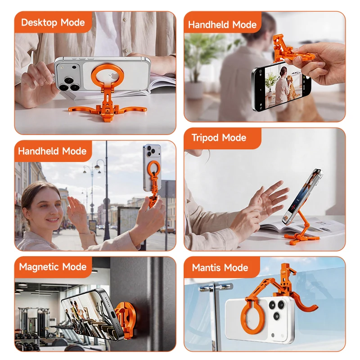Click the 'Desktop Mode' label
(x=53, y=22)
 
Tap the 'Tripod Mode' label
(x=219, y=138)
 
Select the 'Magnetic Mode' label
(x=53, y=267)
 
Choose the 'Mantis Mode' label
(x=220, y=268)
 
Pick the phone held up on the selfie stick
(x=152, y=167)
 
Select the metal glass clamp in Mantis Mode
(x=216, y=288)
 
